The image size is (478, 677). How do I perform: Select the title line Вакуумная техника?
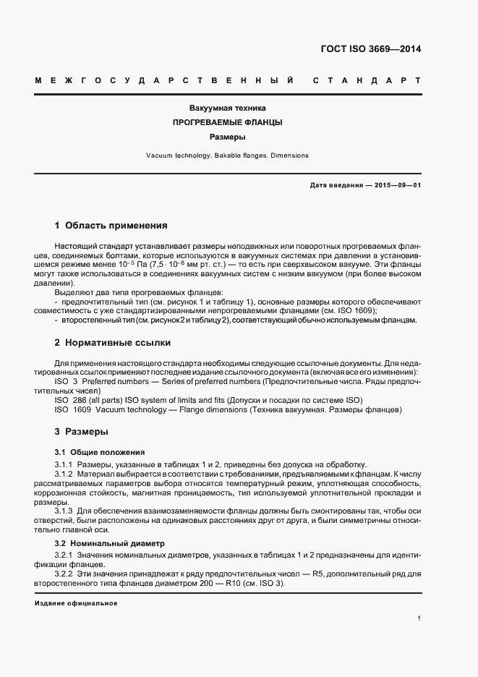(228, 108)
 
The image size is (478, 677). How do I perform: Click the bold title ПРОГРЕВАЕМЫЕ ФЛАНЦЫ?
(228, 122)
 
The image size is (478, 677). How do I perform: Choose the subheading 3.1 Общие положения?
(100, 451)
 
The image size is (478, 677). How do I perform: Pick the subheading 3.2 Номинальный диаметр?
(110, 542)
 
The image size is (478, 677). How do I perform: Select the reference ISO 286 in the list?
(71, 400)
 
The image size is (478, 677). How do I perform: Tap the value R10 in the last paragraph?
(214, 584)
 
